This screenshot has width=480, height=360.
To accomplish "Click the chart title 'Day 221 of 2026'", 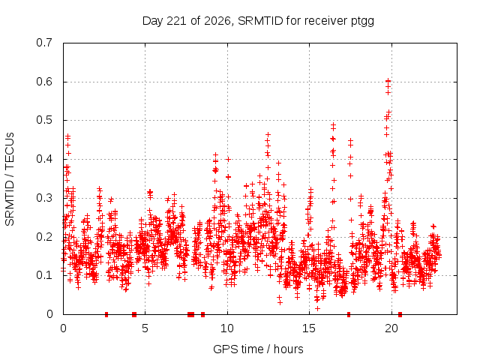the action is pos(186,21).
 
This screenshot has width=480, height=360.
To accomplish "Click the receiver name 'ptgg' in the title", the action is pos(362,22).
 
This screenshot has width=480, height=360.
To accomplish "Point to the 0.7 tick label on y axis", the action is pos(44,43).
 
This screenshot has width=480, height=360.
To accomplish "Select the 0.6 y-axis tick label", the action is pos(44,82).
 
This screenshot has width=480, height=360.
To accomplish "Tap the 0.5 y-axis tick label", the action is pos(44,120).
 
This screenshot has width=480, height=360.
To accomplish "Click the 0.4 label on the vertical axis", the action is pos(44,159).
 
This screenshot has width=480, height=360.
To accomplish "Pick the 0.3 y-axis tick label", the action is pos(44,198).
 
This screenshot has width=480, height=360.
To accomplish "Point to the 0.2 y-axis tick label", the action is pos(44,237).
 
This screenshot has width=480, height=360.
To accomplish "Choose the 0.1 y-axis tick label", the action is pos(44,275).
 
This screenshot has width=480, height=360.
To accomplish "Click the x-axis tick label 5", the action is pos(145,328).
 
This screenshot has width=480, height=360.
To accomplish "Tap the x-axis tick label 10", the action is pos(226,328).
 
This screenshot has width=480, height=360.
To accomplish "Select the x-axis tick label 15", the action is pos(309,328).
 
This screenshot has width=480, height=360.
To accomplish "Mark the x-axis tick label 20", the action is pos(391,328).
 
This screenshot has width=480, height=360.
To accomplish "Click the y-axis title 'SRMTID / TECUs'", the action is pos(10,179).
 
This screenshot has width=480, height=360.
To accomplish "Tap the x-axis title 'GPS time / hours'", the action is pos(258,349).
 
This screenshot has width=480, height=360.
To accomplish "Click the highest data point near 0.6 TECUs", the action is pos(388,81).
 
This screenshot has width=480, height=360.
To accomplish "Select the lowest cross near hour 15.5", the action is pos(318,308).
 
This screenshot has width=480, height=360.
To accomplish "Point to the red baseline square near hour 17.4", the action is pos(349,314).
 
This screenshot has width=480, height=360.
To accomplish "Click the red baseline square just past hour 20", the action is pos(400,314).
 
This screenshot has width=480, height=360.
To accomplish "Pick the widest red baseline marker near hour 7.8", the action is pos(190,314).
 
